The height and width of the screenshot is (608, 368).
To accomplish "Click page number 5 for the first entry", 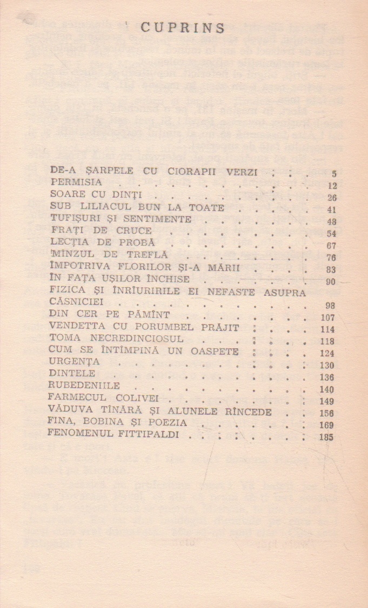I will tap(334, 174).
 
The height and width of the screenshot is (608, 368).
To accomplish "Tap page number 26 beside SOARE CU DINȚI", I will tap(332, 197).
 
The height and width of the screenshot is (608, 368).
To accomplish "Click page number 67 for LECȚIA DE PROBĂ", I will tap(331, 246).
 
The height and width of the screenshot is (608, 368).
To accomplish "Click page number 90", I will tap(331, 282).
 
